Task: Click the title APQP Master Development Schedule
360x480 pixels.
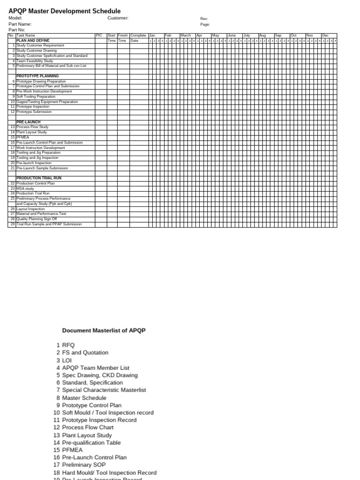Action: (x=64, y=11)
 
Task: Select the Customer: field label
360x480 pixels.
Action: (x=118, y=18)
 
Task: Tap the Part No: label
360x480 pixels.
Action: (x=17, y=30)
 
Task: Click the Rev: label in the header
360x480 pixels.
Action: (x=204, y=18)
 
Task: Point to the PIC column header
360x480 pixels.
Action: (x=98, y=36)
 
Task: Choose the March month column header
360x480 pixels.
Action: (x=186, y=36)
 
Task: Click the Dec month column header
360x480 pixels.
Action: (x=325, y=36)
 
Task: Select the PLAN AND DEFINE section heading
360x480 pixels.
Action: (x=33, y=41)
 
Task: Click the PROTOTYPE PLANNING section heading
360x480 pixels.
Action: (x=37, y=76)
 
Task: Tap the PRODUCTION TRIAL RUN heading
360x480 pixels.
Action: (x=39, y=178)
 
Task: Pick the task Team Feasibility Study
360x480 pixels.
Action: (x=35, y=61)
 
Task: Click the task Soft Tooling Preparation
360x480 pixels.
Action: (x=36, y=97)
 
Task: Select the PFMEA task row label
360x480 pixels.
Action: (x=22, y=137)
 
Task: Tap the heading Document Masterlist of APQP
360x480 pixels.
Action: (x=104, y=330)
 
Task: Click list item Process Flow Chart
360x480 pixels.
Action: (x=88, y=427)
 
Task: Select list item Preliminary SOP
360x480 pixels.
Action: (x=84, y=465)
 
